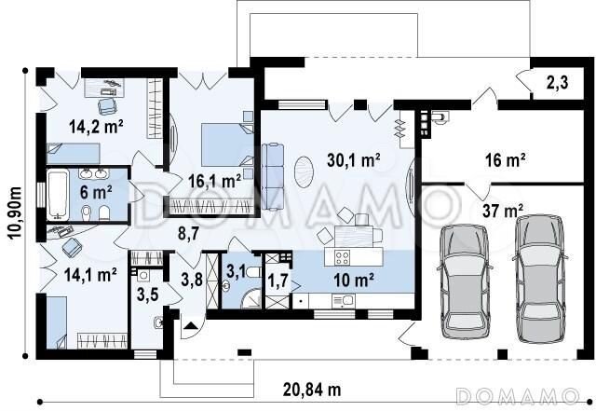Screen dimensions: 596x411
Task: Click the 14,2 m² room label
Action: [96, 127]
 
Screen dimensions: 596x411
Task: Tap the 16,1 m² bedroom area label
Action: [215, 181]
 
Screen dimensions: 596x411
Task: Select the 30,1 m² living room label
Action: [354, 160]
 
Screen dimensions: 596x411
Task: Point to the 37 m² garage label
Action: [503, 211]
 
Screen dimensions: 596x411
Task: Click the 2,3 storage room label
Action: [557, 82]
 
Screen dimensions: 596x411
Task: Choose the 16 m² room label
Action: [505, 160]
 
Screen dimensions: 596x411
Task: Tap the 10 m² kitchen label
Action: [354, 281]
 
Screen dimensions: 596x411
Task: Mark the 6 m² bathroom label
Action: [96, 192]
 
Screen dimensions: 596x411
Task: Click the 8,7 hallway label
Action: [188, 233]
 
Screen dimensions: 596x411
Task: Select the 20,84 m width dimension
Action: [312, 390]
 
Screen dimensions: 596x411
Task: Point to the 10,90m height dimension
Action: [15, 212]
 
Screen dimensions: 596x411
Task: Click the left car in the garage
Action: [465, 281]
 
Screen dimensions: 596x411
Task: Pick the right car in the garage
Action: [540, 279]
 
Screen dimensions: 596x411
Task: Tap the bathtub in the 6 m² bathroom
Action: [58, 195]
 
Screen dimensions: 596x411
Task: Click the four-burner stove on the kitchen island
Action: [342, 257]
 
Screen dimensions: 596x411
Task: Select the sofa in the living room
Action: [273, 176]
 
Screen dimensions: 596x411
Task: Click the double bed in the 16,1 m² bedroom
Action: [227, 144]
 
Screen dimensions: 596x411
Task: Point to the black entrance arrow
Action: [190, 325]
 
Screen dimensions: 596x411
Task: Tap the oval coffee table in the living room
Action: [305, 172]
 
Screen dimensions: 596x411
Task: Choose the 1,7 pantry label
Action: [278, 282]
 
